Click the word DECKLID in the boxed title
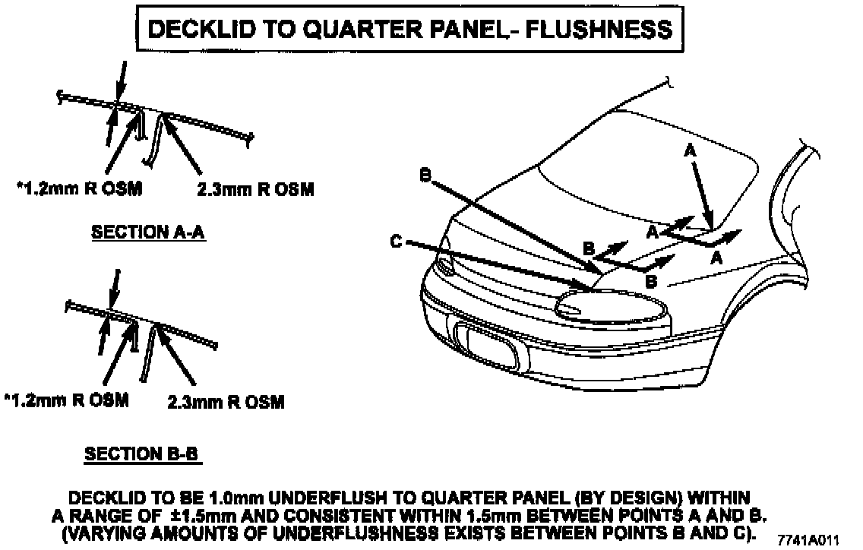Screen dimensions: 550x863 [194, 29]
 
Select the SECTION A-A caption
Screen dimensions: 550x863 [149, 232]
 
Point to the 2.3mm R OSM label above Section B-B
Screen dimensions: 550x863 [225, 401]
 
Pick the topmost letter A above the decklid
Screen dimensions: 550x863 [690, 151]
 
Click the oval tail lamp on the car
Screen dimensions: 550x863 [612, 308]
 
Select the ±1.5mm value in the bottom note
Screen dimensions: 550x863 [177, 514]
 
